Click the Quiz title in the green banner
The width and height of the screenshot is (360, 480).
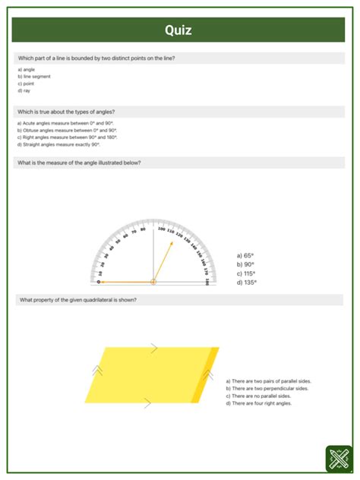[x=178, y=30]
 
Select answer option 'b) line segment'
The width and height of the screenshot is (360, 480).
[x=32, y=76]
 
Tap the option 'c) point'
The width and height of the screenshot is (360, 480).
[x=25, y=84]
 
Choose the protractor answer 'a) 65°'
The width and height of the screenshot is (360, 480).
[x=245, y=256]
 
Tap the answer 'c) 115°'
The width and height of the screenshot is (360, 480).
[x=246, y=273]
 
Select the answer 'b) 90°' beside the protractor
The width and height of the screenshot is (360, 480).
[x=245, y=265]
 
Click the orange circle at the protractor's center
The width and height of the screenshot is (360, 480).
[x=153, y=282]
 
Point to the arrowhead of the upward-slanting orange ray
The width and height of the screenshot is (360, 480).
[x=172, y=243]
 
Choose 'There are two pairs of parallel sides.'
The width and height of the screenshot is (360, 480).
[x=269, y=381]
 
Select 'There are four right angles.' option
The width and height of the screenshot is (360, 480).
[x=258, y=403]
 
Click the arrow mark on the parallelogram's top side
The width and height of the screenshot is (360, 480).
[x=153, y=348]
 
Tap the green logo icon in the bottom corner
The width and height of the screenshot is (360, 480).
[x=338, y=459]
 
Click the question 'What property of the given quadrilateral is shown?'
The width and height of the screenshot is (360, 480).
[x=77, y=300]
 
